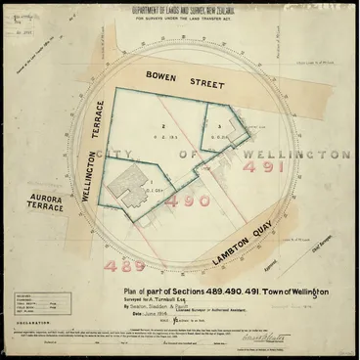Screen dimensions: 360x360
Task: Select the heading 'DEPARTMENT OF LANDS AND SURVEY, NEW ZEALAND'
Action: click(178, 14)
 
